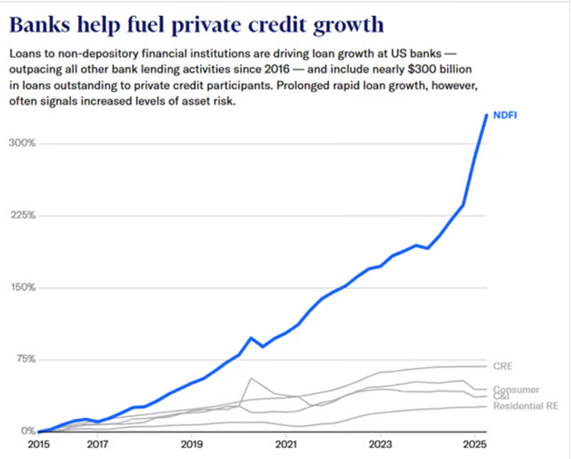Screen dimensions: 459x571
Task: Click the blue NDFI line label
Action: [x=505, y=115]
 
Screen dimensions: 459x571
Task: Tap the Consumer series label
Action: [x=516, y=390]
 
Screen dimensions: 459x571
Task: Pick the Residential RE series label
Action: [x=525, y=406]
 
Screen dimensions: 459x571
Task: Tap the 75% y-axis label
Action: [x=22, y=359]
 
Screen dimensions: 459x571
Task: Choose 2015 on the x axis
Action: [x=38, y=443]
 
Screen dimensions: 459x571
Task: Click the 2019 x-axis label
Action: [x=191, y=443]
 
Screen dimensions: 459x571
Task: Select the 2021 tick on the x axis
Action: [x=285, y=443]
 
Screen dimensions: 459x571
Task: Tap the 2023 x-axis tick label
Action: [x=381, y=443]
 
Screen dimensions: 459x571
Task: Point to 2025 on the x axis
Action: [x=475, y=443]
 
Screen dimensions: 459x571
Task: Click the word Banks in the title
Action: [x=44, y=22]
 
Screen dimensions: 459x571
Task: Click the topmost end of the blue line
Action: [x=486, y=114]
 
